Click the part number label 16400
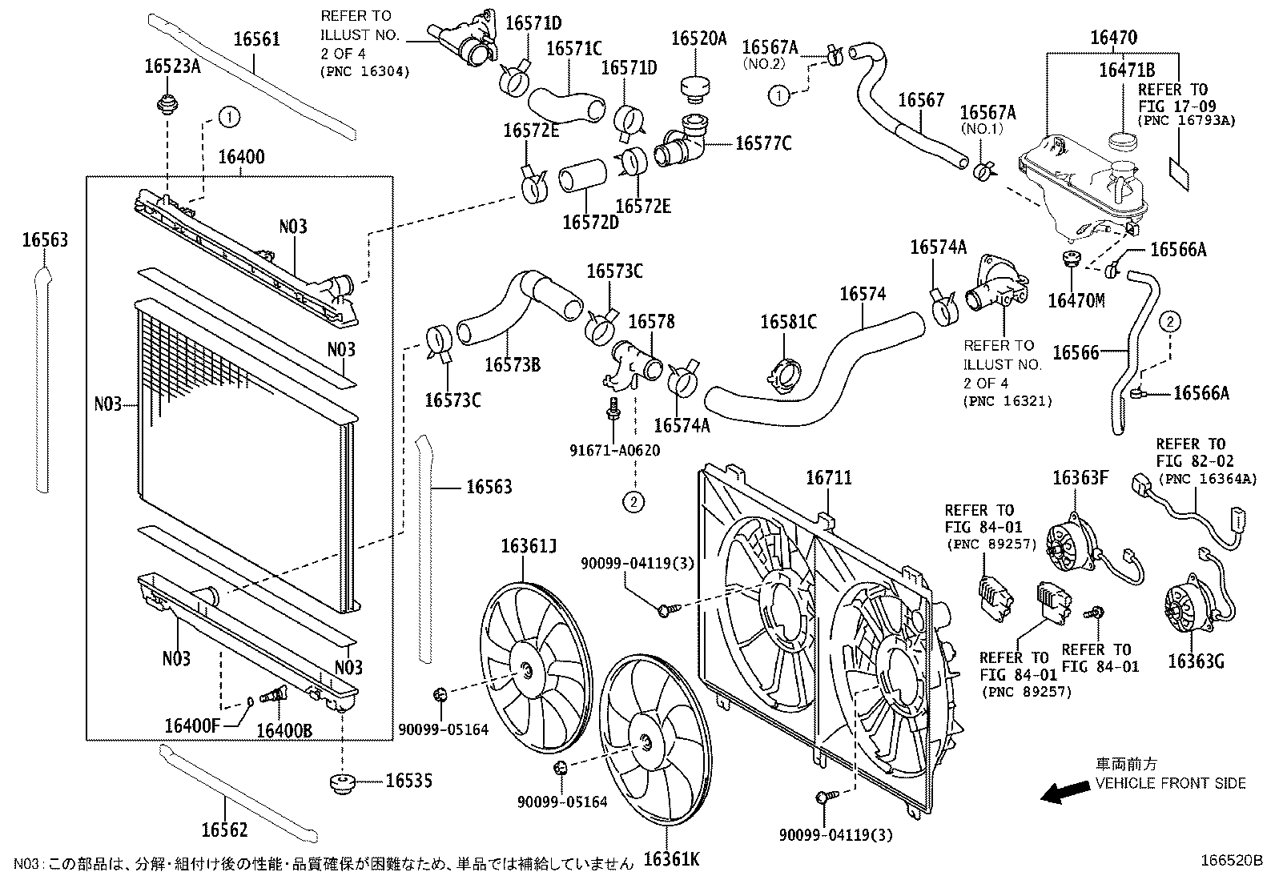coord(241,157)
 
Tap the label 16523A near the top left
coord(171,66)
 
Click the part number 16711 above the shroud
coord(828,478)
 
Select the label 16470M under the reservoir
coord(1076,300)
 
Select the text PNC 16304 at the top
coord(364,72)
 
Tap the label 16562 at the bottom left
coord(224,830)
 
